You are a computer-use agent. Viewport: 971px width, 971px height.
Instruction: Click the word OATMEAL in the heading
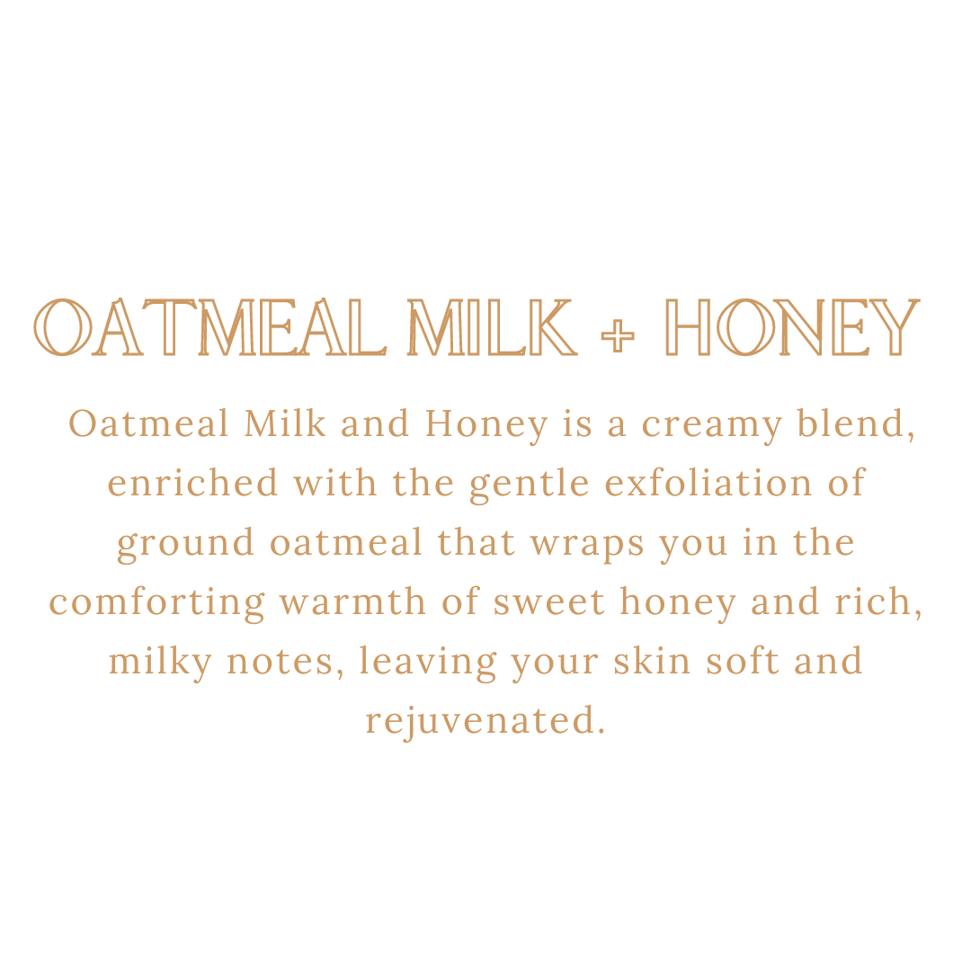click(x=210, y=327)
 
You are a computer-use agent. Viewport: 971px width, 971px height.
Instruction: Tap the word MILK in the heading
click(x=493, y=327)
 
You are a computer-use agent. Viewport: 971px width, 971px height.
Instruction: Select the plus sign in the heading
click(x=618, y=335)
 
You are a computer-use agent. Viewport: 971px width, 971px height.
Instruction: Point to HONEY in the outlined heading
click(x=792, y=327)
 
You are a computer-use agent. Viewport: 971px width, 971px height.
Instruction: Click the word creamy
click(x=711, y=425)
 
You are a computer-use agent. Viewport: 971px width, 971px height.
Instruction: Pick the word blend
click(x=856, y=423)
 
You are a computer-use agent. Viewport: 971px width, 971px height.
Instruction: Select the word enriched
click(x=192, y=483)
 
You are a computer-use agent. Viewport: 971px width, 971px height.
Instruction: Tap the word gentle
click(x=530, y=485)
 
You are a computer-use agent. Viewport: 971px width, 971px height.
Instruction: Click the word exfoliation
click(x=708, y=483)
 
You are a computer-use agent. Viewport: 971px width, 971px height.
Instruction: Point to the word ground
click(x=186, y=544)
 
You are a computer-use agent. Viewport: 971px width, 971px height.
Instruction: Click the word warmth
click(x=353, y=601)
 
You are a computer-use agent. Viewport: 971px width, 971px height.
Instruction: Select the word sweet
click(x=548, y=602)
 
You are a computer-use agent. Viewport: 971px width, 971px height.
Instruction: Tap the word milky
click(x=160, y=663)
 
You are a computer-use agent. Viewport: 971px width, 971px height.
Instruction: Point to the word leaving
click(x=428, y=663)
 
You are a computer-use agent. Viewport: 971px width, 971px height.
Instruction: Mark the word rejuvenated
click(x=485, y=721)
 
